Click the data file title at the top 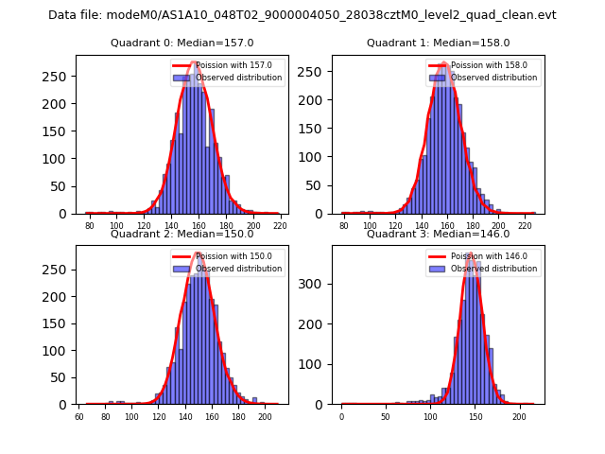(302, 15)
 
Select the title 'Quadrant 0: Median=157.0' (181, 43)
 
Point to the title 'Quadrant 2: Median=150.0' (181, 234)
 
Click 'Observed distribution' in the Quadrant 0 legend (238, 78)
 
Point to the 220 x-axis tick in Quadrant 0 (279, 227)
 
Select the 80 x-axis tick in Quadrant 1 (344, 227)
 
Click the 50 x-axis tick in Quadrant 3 (386, 417)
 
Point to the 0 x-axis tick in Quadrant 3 (341, 417)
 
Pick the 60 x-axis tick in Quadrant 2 (79, 417)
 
